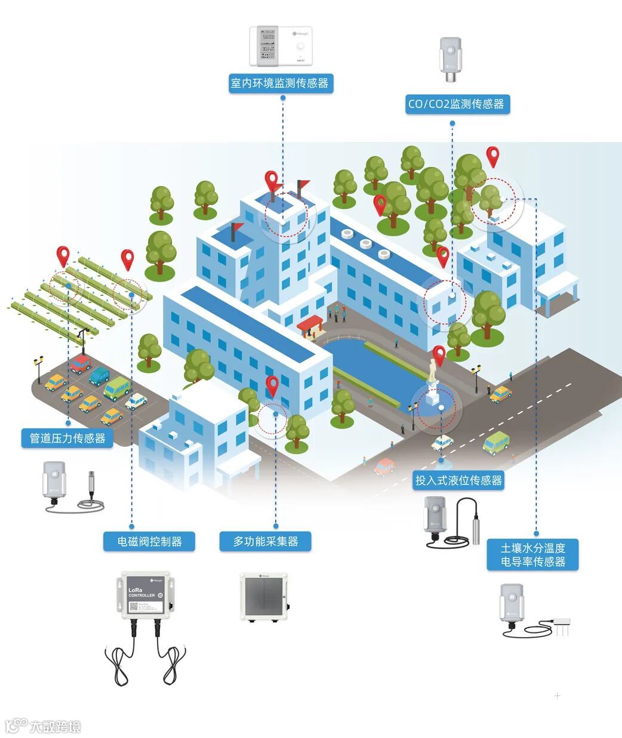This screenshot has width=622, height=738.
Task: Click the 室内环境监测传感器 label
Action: tap(280, 83)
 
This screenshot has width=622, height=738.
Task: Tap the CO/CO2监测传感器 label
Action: tap(456, 104)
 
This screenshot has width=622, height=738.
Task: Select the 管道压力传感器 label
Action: tap(67, 438)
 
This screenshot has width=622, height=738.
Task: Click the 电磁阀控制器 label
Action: tap(149, 542)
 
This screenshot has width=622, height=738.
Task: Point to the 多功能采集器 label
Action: tap(265, 542)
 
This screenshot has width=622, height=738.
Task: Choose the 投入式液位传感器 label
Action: tap(458, 480)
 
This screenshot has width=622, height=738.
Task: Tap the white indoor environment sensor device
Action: tap(281, 45)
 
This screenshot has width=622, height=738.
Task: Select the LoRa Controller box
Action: tap(147, 595)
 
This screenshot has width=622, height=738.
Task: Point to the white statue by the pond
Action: tap(432, 372)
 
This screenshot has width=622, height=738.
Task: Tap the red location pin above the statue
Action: tap(439, 356)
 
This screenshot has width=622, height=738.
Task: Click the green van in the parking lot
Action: tap(118, 388)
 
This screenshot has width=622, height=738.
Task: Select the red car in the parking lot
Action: tap(80, 363)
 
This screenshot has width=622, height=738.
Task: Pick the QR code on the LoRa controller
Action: tap(134, 607)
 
